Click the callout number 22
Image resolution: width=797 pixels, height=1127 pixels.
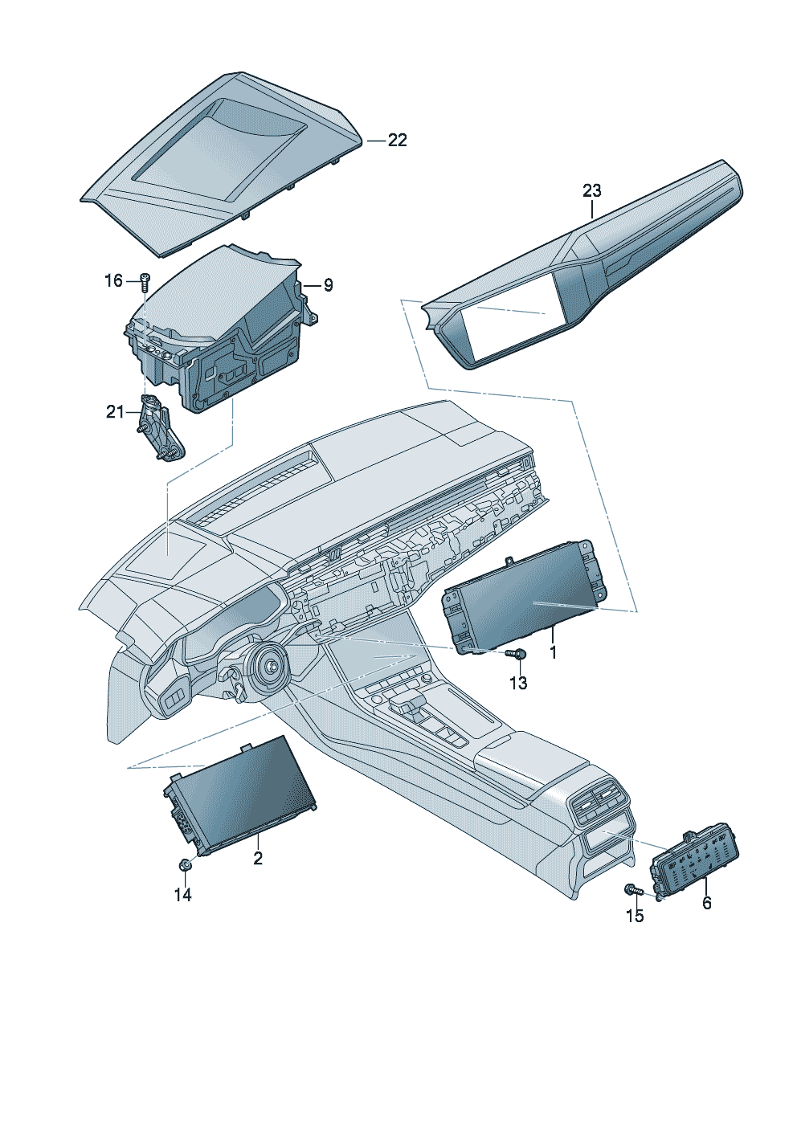click(x=398, y=141)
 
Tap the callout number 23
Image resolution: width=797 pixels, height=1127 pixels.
click(x=591, y=191)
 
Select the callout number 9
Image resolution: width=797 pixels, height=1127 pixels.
click(x=328, y=285)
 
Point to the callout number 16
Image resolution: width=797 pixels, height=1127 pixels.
click(x=114, y=280)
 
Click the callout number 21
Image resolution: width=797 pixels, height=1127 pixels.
click(x=115, y=412)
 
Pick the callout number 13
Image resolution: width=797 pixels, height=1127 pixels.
click(x=518, y=683)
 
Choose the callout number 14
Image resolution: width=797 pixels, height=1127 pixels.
click(x=183, y=895)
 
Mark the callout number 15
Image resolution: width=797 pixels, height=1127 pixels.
click(x=635, y=916)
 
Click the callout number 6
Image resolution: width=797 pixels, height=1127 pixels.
click(x=707, y=903)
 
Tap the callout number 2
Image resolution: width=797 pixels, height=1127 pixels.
click(x=258, y=859)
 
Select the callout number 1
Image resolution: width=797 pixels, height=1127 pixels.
click(x=554, y=653)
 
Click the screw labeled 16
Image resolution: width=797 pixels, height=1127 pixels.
click(x=145, y=280)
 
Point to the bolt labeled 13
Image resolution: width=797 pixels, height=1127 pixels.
click(x=518, y=655)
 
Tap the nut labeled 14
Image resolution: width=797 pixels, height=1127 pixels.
click(x=184, y=865)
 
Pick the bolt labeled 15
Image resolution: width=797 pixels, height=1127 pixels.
click(x=631, y=889)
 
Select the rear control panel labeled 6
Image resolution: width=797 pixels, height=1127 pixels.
click(x=696, y=864)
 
